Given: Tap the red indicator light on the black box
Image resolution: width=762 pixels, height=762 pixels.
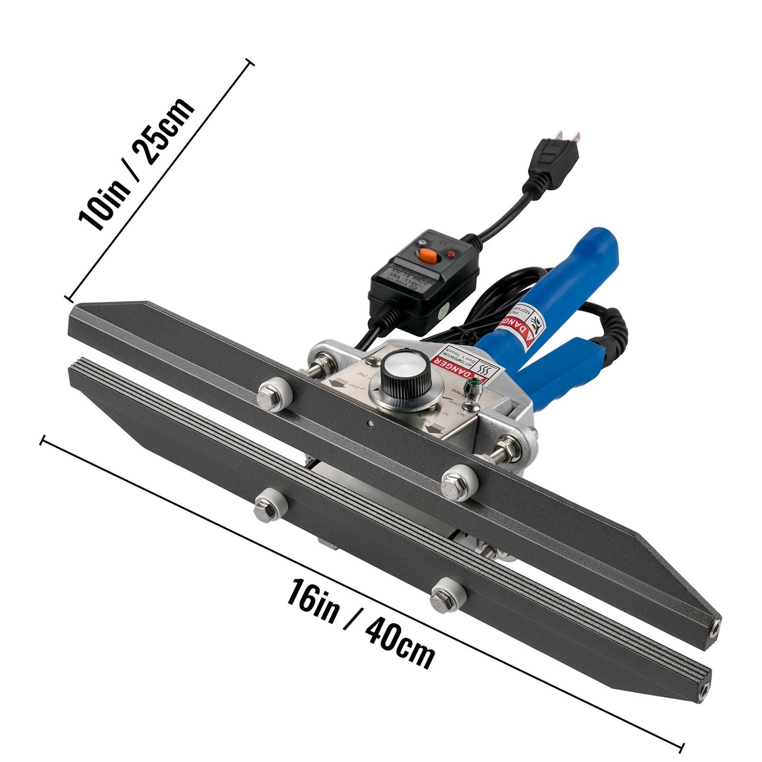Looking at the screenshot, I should pos(451,254).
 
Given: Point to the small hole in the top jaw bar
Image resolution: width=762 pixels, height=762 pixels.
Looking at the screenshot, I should pos(371,422).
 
